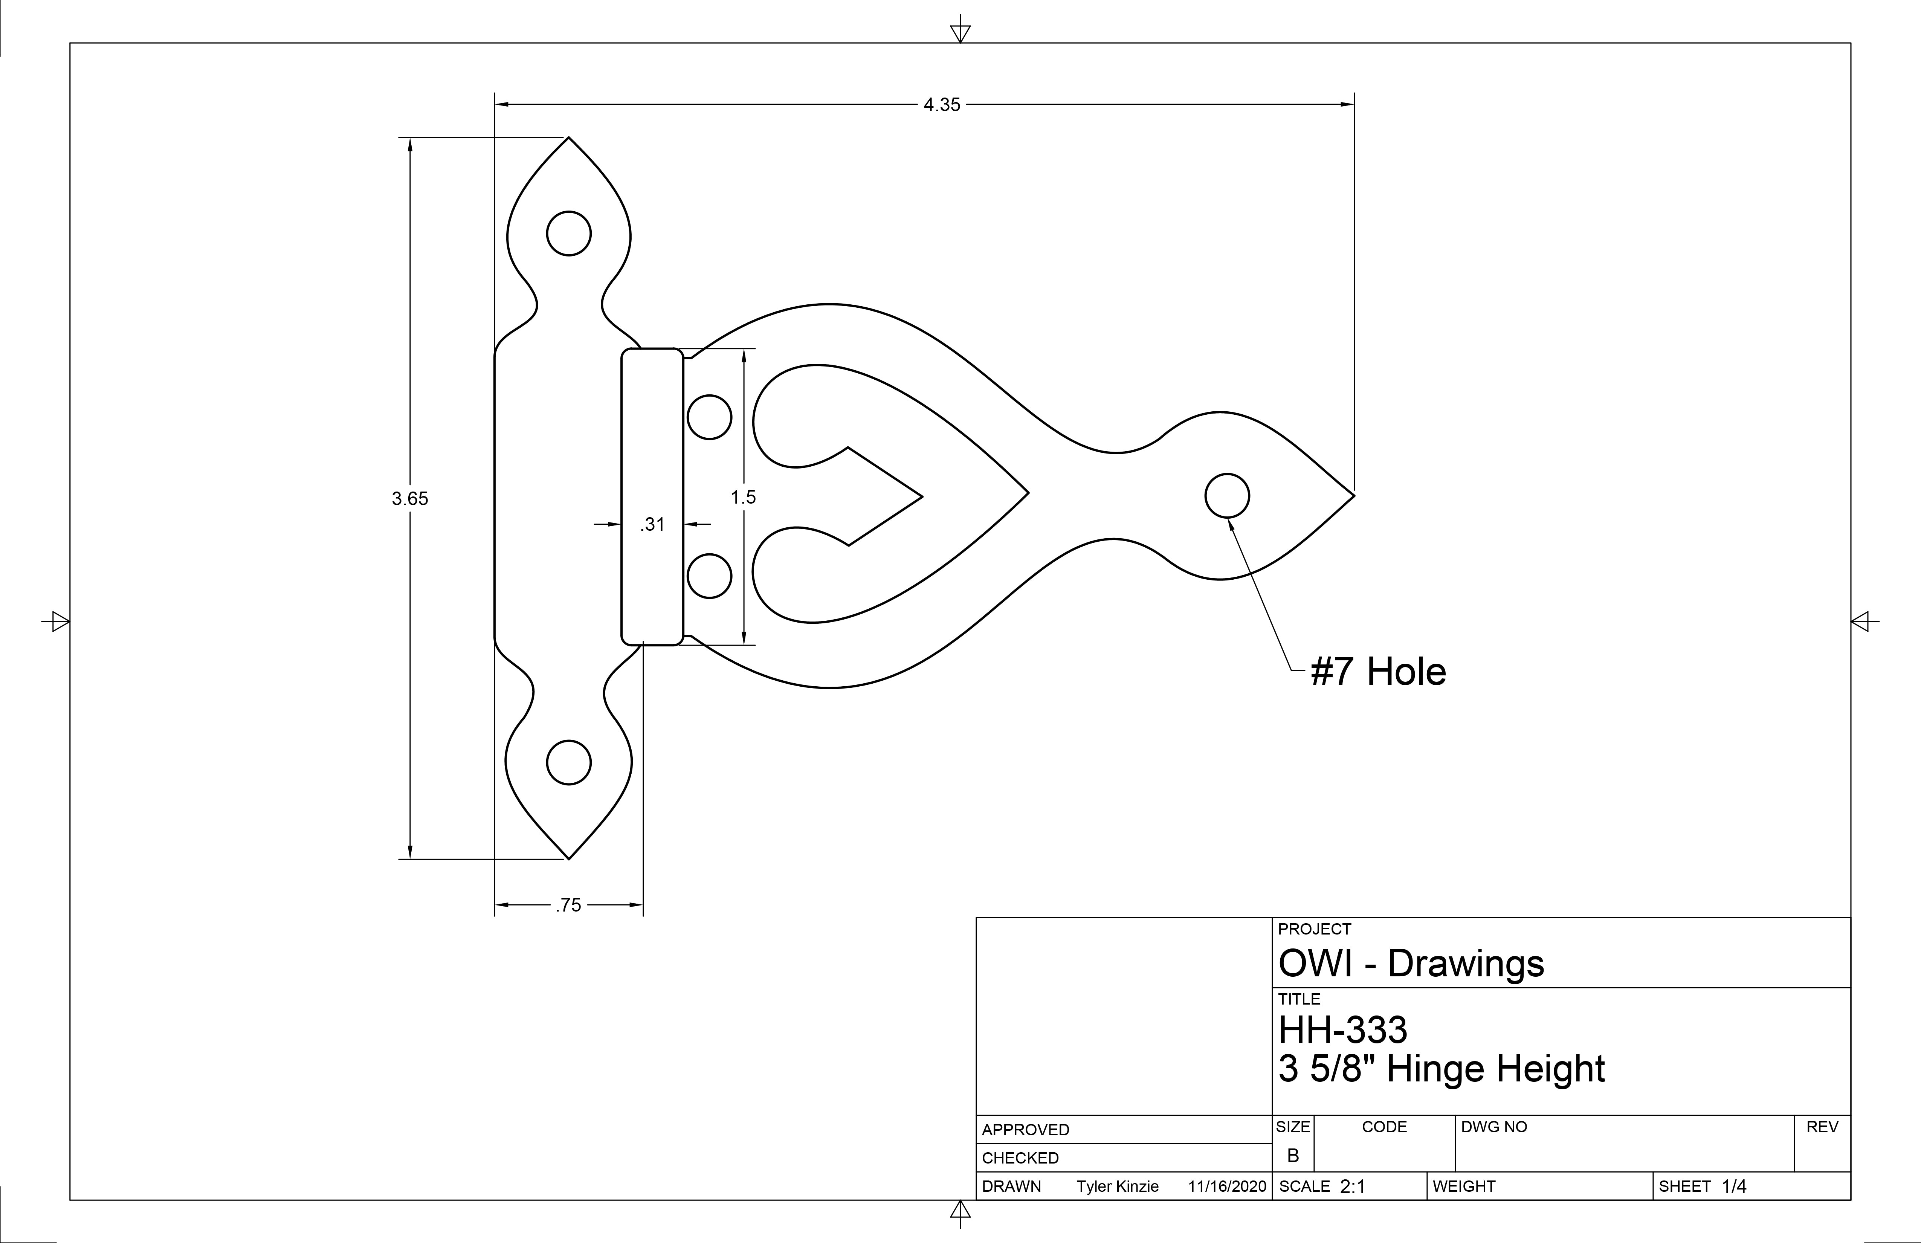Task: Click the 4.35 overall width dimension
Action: pos(942,105)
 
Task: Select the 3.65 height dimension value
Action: pos(410,499)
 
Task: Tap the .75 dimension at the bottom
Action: pos(568,906)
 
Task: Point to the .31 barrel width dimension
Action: pos(652,525)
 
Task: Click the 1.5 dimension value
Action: pos(744,497)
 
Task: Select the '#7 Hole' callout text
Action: pos(1378,672)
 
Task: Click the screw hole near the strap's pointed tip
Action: pos(1227,496)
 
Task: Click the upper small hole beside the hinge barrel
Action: pos(710,417)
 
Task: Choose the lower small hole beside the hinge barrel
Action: pos(710,576)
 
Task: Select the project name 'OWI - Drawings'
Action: pos(1411,964)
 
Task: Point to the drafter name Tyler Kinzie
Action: pos(1117,1186)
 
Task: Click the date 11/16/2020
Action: pos(1227,1186)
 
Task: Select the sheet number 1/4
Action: pos(1734,1186)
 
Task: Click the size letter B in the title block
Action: pos(1293,1156)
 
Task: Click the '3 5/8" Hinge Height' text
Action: pos(1442,1069)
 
